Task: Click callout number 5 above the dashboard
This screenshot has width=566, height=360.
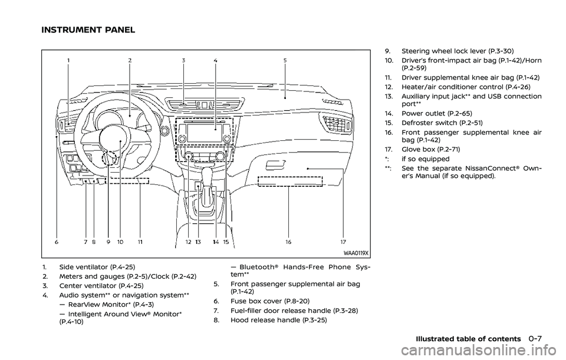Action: [285, 61]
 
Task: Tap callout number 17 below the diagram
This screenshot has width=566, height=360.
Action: [343, 242]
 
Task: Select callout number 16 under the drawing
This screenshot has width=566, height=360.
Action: [288, 242]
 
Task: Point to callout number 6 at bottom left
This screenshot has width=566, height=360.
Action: [57, 242]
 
